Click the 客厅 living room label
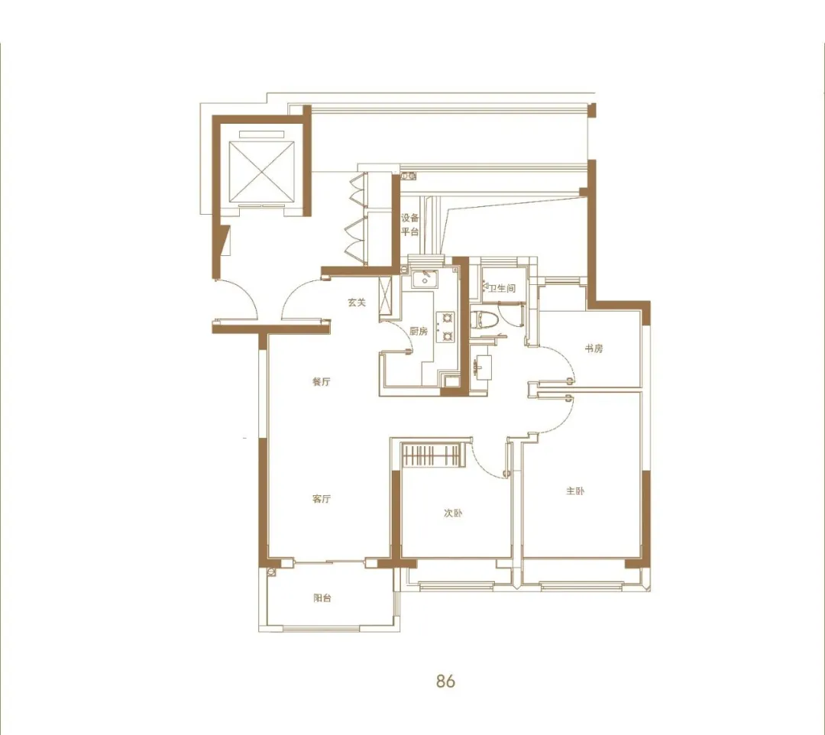[321, 498]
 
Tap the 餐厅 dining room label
[321, 381]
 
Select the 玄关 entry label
[357, 303]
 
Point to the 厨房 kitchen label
[419, 332]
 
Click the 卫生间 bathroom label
[502, 288]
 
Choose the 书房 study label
[594, 348]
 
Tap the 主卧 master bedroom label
[575, 491]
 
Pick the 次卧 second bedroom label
[452, 513]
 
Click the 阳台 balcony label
[322, 597]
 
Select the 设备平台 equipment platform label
[410, 225]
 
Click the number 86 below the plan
[445, 681]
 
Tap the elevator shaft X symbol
[260, 172]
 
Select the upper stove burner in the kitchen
[448, 318]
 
